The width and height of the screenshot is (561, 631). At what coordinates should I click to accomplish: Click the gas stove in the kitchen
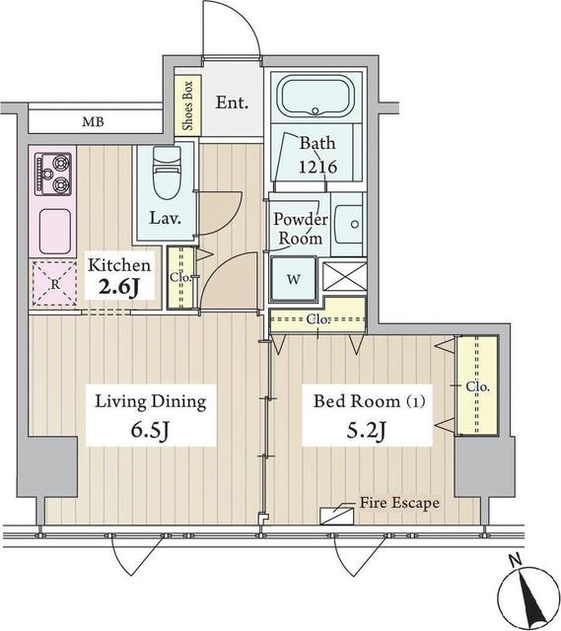53,173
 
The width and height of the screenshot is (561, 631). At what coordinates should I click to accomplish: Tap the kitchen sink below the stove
52,231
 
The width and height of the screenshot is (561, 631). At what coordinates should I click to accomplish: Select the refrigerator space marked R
53,283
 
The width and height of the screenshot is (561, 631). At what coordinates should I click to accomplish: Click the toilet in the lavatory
167,175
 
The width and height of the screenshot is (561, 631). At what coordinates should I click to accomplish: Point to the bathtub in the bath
316,101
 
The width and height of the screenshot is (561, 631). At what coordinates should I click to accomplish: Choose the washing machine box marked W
293,278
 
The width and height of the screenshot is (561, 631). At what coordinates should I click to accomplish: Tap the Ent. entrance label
233,103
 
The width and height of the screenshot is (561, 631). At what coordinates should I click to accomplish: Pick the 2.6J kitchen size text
120,288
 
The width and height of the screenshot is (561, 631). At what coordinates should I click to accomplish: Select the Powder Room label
300,229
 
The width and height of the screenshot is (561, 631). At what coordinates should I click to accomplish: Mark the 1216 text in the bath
318,168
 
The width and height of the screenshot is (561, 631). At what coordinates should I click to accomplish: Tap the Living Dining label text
150,401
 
